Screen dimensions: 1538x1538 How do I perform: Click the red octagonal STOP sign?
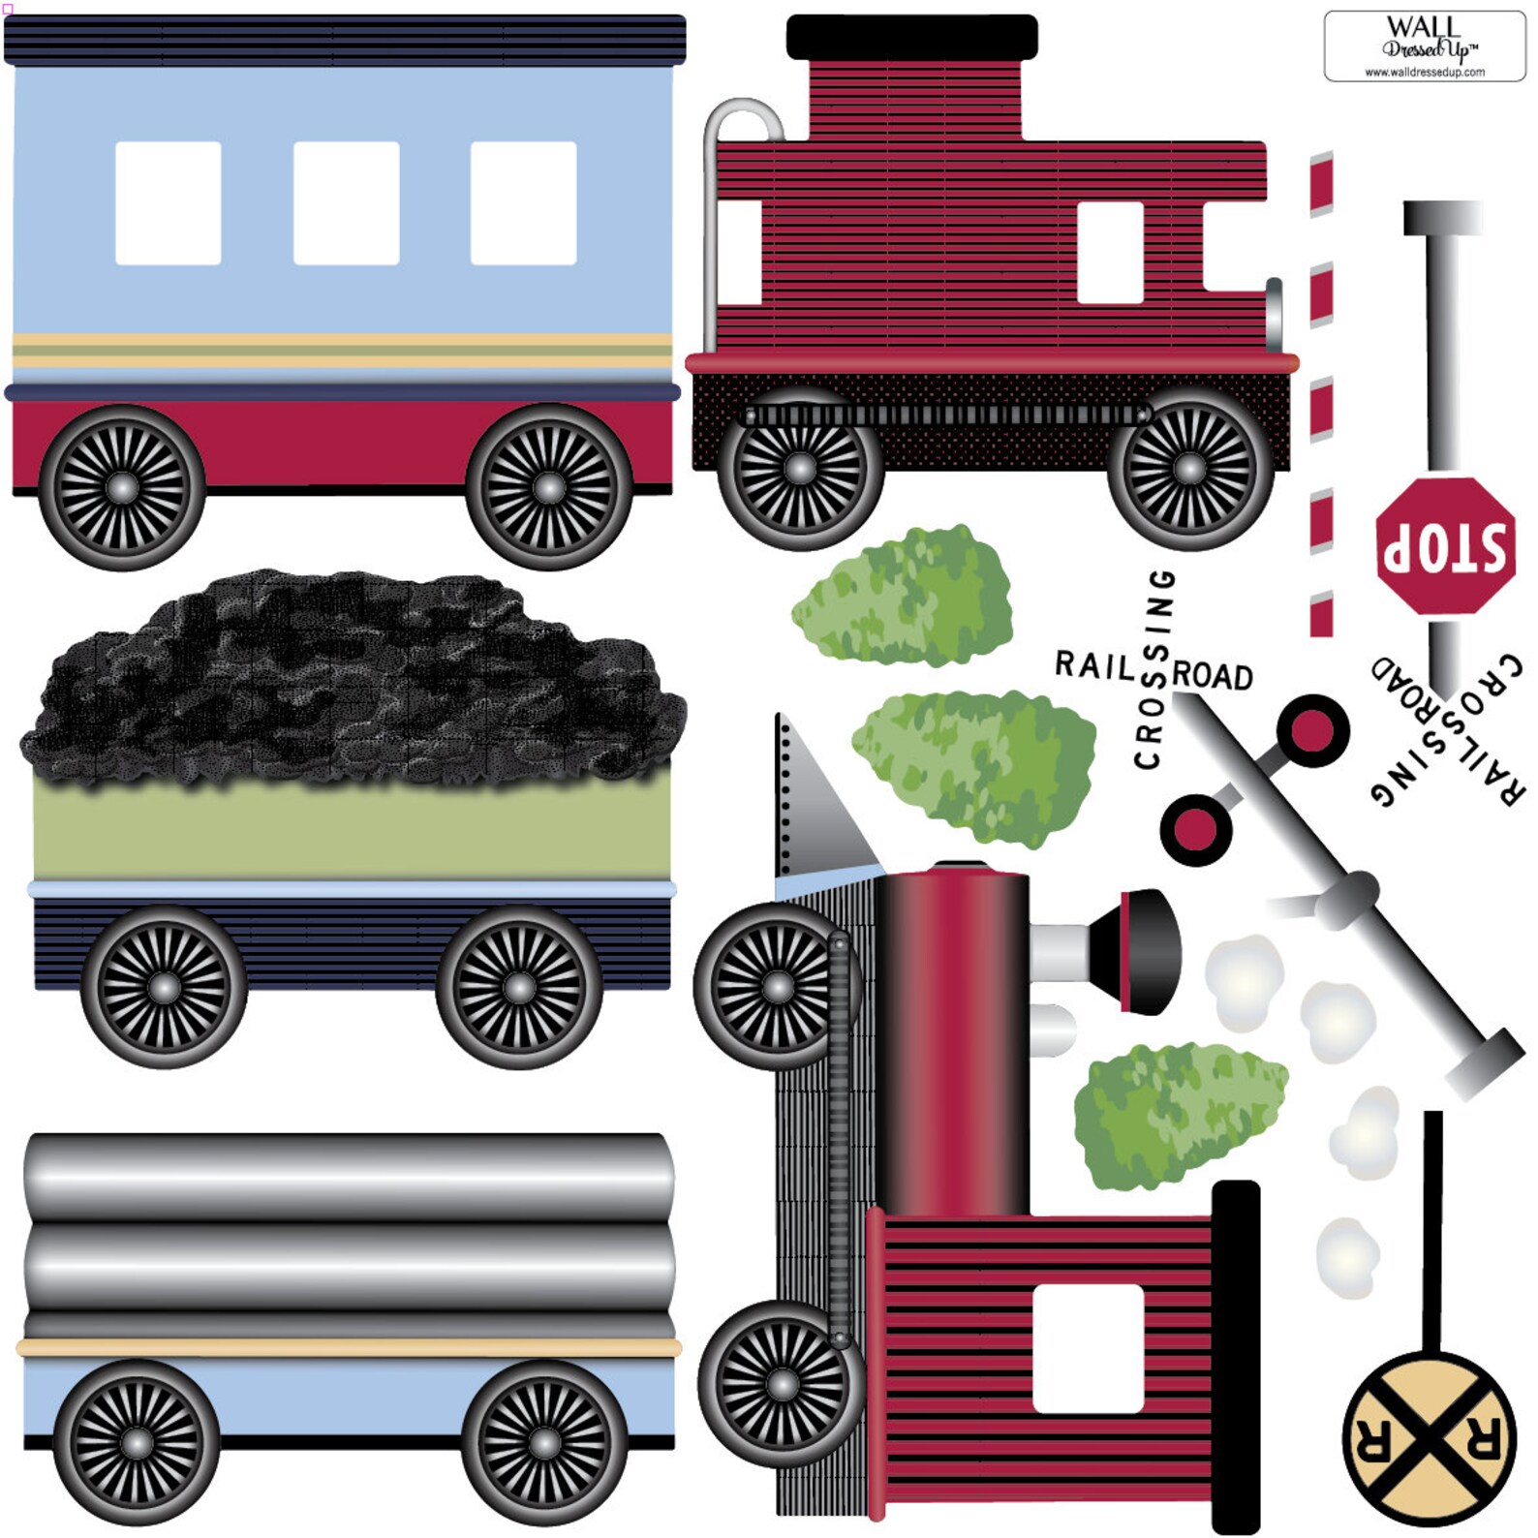point(1444,546)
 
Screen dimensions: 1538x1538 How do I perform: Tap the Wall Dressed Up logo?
point(1424,46)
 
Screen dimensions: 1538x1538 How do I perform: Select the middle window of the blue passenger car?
point(346,202)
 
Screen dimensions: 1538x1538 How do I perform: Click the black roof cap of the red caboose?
point(911,37)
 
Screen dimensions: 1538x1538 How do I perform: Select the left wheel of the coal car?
point(164,987)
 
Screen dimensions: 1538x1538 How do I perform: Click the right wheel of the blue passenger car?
point(548,486)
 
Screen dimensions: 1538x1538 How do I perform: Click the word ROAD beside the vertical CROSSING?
point(1213,675)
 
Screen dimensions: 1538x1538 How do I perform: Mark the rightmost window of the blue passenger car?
point(523,202)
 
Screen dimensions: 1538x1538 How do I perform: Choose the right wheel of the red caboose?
point(1189,468)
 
